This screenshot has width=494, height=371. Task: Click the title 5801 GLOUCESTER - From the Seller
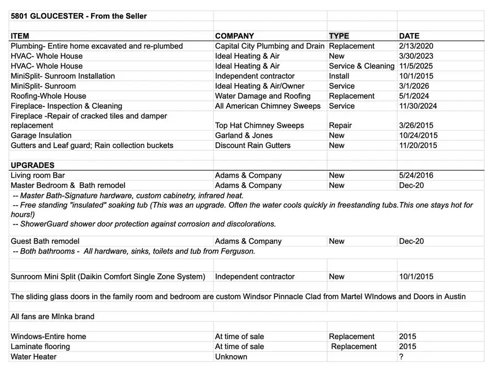point(78,16)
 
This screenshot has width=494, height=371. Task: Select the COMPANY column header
point(234,36)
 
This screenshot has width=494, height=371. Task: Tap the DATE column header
point(409,36)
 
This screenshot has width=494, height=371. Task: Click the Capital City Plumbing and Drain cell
point(270,46)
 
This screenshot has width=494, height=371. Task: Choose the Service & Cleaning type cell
point(361,66)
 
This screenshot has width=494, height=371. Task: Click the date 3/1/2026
point(414,86)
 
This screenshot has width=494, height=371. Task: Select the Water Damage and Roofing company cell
point(262,96)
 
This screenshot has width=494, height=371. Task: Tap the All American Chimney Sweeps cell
point(268,106)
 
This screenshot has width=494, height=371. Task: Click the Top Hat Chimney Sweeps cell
point(259,126)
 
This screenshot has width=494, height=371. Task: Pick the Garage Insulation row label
point(41,136)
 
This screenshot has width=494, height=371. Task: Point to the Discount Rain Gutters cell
point(252,145)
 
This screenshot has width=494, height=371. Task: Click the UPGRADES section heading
point(32,165)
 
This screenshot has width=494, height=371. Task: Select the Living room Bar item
point(38,176)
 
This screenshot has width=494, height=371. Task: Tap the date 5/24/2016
point(416,176)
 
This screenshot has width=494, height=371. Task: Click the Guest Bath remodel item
point(45,241)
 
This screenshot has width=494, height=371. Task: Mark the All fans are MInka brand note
point(52,317)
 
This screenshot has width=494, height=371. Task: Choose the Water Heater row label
point(33,357)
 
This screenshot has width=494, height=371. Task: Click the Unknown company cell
point(231,357)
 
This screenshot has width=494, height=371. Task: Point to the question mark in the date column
point(401,357)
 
